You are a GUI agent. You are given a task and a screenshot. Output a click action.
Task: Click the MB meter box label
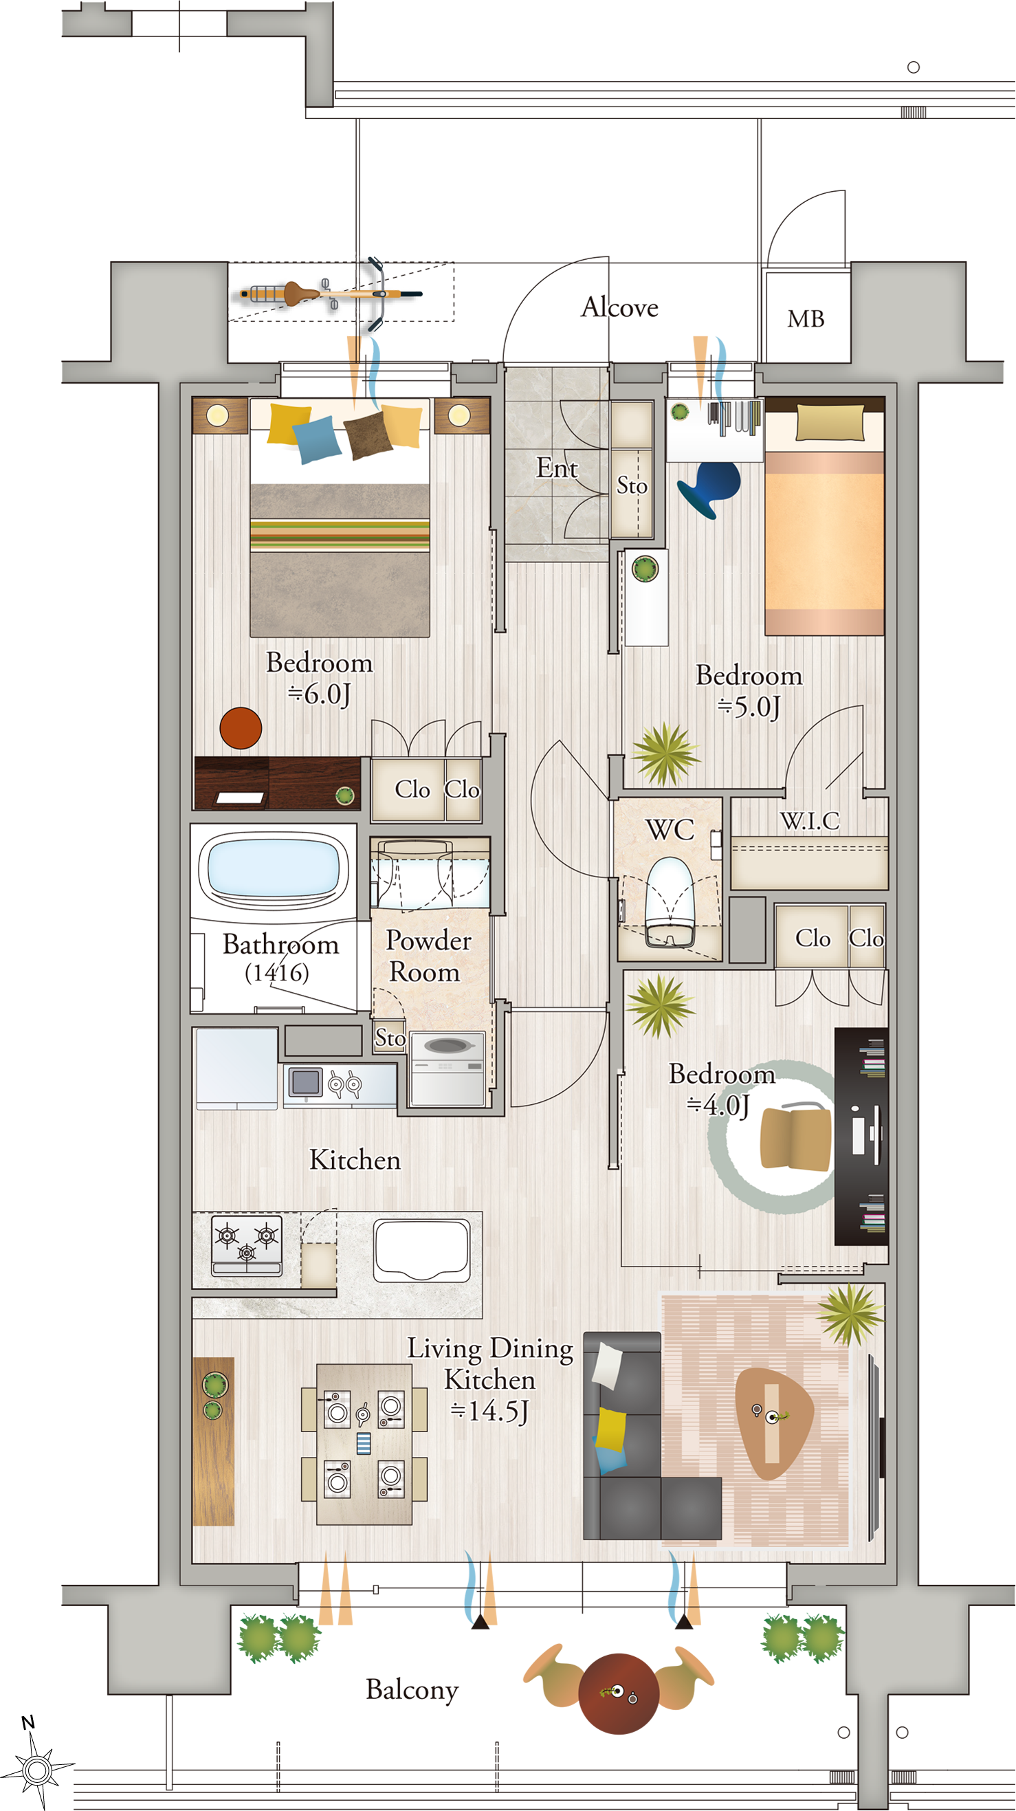(806, 319)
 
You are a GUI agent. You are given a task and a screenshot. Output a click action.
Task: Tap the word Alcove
(619, 307)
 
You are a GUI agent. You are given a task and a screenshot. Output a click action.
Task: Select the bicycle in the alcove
(331, 294)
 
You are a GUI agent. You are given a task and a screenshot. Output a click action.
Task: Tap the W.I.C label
(809, 820)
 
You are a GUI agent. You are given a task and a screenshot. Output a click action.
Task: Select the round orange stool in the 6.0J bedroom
(241, 728)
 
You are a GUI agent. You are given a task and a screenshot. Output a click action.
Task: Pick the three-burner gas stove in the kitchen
(247, 1246)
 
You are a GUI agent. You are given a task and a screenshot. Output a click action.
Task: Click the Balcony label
(412, 1689)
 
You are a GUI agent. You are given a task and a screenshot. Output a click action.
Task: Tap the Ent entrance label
(557, 468)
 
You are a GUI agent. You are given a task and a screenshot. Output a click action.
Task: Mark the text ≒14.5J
(489, 1411)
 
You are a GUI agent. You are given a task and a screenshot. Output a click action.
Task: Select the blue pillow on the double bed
(316, 439)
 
